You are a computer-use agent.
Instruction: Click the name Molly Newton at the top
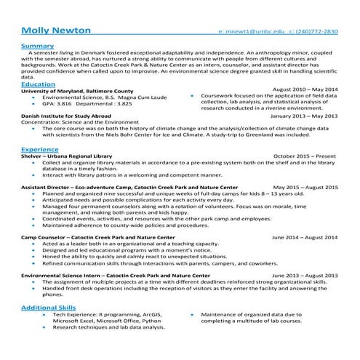tap(56, 31)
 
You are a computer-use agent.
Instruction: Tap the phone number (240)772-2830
tap(317, 33)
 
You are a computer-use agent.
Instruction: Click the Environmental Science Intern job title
tap(115, 276)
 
